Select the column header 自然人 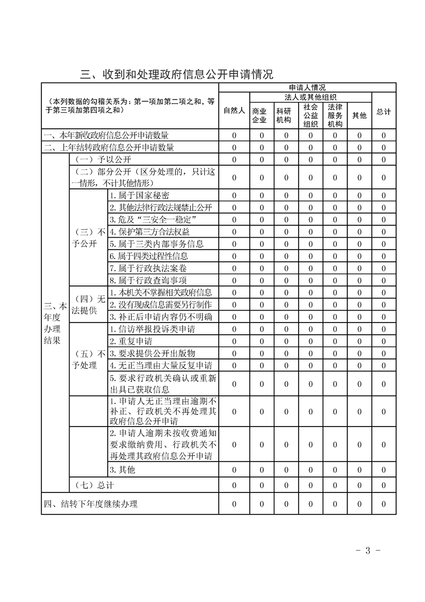click(x=234, y=111)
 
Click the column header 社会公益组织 click(x=310, y=115)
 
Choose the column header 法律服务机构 click(x=335, y=115)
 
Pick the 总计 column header click(x=384, y=112)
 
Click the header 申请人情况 click(x=307, y=87)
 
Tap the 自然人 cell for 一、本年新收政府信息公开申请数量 click(x=234, y=135)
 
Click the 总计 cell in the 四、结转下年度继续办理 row click(x=384, y=504)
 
